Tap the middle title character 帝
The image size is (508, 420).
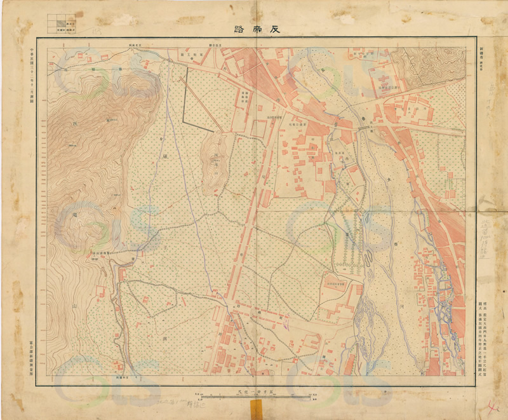click(x=254, y=29)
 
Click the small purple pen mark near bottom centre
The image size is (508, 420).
click(x=286, y=325)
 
